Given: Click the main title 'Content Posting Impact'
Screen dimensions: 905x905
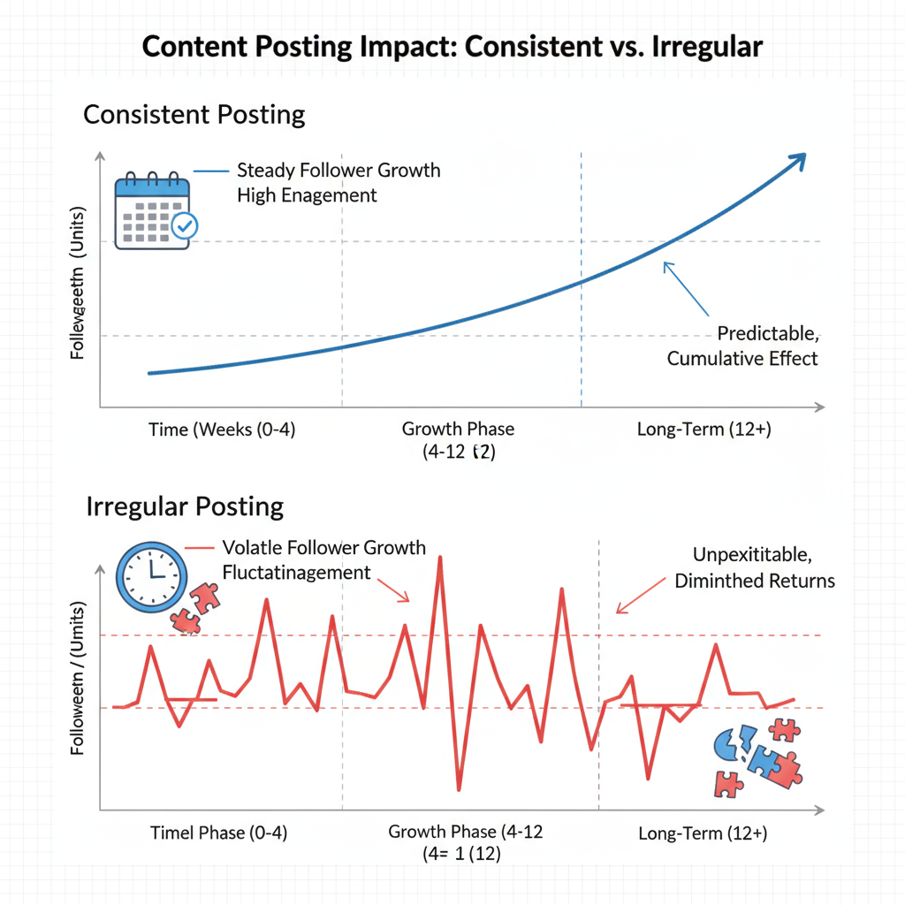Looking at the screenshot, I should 452,46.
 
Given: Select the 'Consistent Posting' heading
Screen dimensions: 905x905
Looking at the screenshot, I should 194,115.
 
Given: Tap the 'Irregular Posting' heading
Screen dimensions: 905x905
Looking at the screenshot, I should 185,506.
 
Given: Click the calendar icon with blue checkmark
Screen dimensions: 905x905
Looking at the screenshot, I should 156,212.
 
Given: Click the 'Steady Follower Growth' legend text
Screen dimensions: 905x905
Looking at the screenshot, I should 338,170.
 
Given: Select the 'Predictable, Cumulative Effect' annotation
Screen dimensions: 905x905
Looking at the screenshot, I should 742,346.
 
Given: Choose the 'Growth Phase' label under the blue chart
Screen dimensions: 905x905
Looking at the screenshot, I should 458,430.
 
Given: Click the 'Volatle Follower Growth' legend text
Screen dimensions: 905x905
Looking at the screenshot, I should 323,548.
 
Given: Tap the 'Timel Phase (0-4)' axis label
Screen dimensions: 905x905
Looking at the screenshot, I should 218,833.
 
